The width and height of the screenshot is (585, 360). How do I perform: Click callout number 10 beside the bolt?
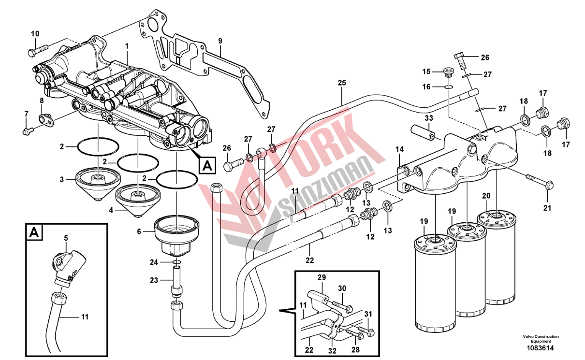tap(35, 34)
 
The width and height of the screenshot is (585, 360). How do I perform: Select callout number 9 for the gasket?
tap(220, 41)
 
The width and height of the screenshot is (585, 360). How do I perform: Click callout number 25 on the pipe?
tap(342, 83)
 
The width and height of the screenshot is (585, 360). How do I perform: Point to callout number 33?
tap(429, 118)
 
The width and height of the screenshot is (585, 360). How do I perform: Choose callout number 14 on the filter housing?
tap(399, 150)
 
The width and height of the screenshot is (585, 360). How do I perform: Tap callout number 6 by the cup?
tap(139, 231)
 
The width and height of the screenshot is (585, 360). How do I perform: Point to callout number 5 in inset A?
tap(66, 238)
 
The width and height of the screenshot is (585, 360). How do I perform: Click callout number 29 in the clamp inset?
tap(322, 277)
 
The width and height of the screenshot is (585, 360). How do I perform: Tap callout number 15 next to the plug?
tap(426, 72)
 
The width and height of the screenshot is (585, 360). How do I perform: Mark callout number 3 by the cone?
tap(62, 179)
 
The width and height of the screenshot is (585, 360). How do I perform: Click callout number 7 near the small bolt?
tap(27, 114)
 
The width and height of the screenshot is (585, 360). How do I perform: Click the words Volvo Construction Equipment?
tap(540, 339)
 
